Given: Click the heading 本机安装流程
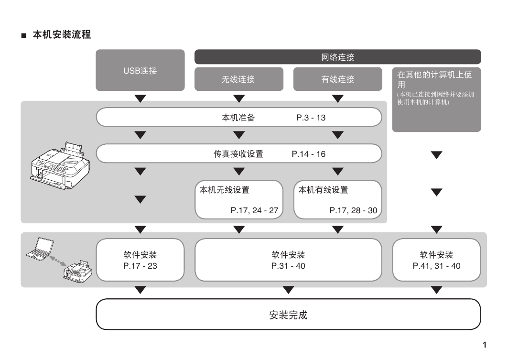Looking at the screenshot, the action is click(x=62, y=35).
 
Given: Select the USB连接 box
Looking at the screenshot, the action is click(x=141, y=70).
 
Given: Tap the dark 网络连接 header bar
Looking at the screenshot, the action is click(x=337, y=57).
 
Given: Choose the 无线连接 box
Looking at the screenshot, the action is click(x=239, y=79).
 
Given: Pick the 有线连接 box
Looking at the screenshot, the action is click(x=337, y=79).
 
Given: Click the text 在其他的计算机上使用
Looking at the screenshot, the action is click(x=434, y=79).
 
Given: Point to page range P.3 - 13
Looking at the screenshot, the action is click(x=311, y=118).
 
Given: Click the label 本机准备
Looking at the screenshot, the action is click(x=238, y=118).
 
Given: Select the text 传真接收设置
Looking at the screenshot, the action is click(x=238, y=154).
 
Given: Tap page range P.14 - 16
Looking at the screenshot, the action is click(x=309, y=154).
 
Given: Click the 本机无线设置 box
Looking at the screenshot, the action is click(x=239, y=200).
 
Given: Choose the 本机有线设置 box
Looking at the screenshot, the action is click(x=337, y=200).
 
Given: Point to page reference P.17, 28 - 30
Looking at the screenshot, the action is click(x=354, y=211).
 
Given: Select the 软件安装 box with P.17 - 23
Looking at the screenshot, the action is click(x=141, y=260).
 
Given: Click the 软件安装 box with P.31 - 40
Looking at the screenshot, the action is click(x=288, y=260).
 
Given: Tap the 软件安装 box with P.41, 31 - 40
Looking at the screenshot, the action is click(x=436, y=260).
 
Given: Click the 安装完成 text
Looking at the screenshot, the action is click(x=288, y=315).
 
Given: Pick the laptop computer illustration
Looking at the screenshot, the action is click(x=40, y=249).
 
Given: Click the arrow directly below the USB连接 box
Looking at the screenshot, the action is click(x=141, y=98).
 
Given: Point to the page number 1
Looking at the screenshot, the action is click(x=485, y=345).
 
